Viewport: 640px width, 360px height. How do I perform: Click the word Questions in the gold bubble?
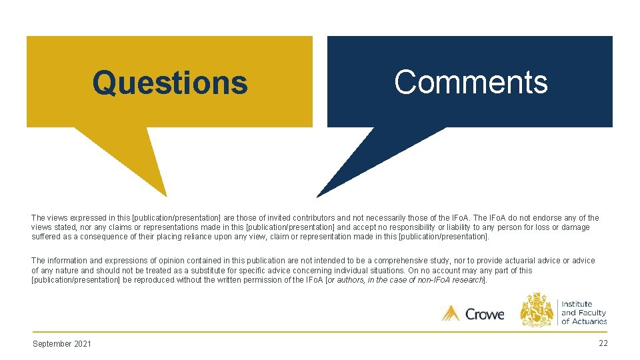click(x=170, y=83)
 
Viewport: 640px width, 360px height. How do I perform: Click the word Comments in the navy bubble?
click(x=471, y=83)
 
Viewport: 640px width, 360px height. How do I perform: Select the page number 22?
click(x=603, y=343)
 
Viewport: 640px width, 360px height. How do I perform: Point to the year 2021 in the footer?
click(x=83, y=343)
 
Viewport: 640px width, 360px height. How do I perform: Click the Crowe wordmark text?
click(x=485, y=313)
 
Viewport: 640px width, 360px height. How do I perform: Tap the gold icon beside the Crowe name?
click(x=451, y=313)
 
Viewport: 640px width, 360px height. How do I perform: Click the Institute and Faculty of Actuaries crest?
click(x=537, y=310)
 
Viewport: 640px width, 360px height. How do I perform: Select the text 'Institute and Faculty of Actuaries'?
click(x=583, y=313)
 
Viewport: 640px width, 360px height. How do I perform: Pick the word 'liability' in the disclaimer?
click(x=453, y=227)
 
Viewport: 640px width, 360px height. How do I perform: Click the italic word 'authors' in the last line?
click(x=351, y=280)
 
